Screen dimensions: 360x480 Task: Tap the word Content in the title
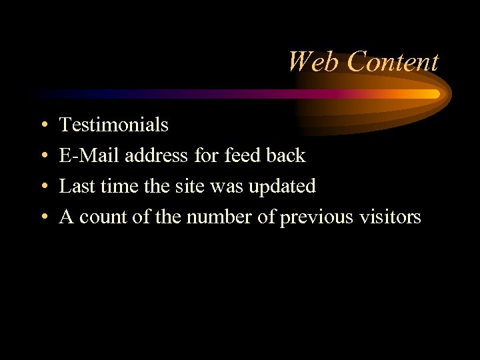click(393, 62)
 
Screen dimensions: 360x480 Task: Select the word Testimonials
click(114, 125)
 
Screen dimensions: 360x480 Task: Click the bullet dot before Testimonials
click(43, 125)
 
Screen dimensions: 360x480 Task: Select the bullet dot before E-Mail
click(43, 156)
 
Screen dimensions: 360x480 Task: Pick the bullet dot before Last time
click(43, 187)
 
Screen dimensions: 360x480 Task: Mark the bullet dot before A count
click(43, 217)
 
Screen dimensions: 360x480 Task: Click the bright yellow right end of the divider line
click(434, 94)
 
